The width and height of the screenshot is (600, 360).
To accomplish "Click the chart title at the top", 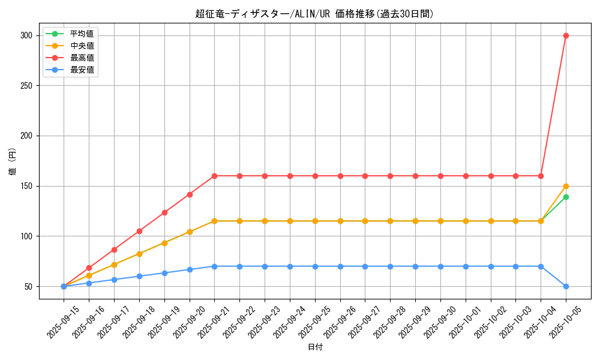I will click(x=314, y=14).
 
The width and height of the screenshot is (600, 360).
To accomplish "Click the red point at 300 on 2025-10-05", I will click(x=566, y=35).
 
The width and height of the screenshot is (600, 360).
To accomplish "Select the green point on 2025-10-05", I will click(x=566, y=197).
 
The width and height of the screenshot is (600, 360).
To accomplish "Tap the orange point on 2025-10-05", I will click(x=566, y=186).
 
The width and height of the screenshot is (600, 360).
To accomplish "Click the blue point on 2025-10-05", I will click(x=566, y=286).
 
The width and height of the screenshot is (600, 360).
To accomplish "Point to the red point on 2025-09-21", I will click(x=214, y=176).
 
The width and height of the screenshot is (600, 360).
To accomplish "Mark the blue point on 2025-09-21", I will click(x=214, y=266).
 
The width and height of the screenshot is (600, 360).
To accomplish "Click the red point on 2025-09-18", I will click(x=139, y=231).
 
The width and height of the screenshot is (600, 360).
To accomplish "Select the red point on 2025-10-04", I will click(x=541, y=176).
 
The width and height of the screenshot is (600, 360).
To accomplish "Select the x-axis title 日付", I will click(x=315, y=347).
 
